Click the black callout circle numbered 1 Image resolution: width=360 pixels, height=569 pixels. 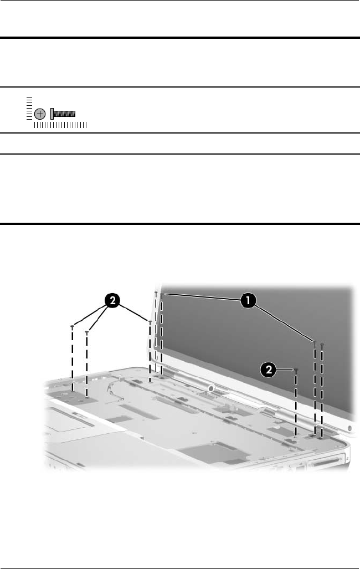click(248, 300)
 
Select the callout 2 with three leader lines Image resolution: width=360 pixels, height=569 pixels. click(112, 300)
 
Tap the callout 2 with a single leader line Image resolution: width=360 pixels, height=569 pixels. click(269, 370)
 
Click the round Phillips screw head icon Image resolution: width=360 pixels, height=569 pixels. click(40, 114)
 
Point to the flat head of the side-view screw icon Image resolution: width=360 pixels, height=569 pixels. click(52, 114)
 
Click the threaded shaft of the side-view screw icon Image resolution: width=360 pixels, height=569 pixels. click(64, 114)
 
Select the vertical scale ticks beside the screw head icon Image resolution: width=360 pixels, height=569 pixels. click(29, 108)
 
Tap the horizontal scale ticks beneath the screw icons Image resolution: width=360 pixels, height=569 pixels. click(60, 125)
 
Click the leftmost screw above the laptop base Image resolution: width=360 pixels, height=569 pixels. click(73, 327)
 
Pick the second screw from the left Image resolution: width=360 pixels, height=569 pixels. click(87, 332)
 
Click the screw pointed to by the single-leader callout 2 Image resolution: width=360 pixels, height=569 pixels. click(296, 371)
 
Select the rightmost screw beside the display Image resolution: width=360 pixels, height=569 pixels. click(322, 346)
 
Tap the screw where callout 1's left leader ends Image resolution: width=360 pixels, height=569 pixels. click(161, 295)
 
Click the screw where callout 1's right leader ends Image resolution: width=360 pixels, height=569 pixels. click(315, 342)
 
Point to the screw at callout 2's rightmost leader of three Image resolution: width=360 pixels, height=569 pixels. click(150, 322)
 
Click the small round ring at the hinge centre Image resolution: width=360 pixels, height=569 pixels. click(210, 388)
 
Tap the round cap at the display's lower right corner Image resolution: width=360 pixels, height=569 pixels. click(350, 428)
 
